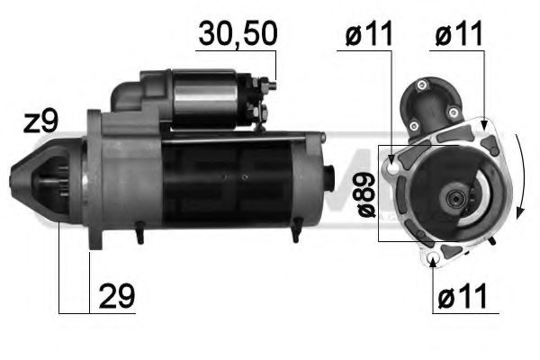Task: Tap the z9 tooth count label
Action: tap(42, 122)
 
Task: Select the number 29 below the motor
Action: tap(116, 295)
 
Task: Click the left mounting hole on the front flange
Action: tap(391, 166)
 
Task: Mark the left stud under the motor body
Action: tap(140, 237)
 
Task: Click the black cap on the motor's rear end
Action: tap(328, 175)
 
